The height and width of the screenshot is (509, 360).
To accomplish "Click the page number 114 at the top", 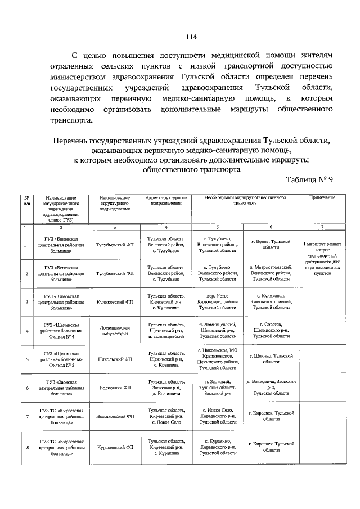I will click(x=191, y=38).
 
